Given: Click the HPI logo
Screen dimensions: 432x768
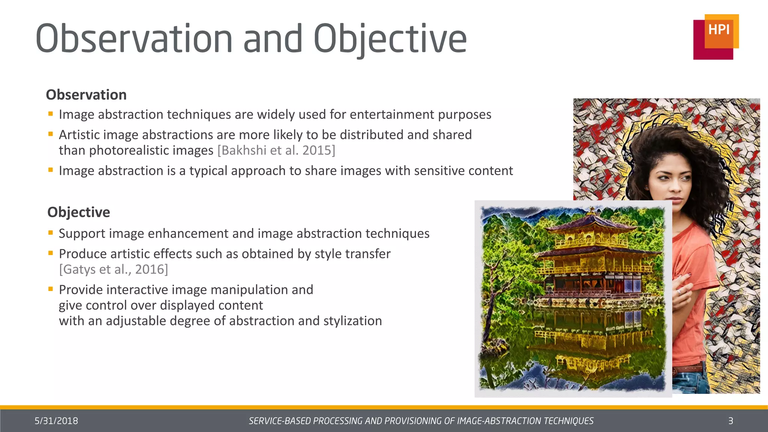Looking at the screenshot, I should point(715,37).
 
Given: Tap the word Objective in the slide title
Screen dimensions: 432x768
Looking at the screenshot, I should point(390,39).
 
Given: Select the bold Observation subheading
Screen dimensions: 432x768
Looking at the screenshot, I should point(86,95).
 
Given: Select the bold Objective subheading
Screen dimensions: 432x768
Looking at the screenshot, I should point(79,212).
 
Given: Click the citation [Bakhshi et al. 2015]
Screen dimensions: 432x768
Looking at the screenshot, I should point(276,150).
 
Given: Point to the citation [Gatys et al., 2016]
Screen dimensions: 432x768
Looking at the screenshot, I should point(114,269).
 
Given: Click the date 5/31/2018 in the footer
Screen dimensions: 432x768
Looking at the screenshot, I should point(56,421).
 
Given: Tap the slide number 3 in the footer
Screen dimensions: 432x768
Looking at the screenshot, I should point(730,421).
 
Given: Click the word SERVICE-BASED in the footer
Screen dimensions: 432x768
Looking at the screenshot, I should point(280,421).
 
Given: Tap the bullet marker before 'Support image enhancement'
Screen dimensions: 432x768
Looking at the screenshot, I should point(51,232).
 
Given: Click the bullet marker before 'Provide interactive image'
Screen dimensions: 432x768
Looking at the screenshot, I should point(51,289).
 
